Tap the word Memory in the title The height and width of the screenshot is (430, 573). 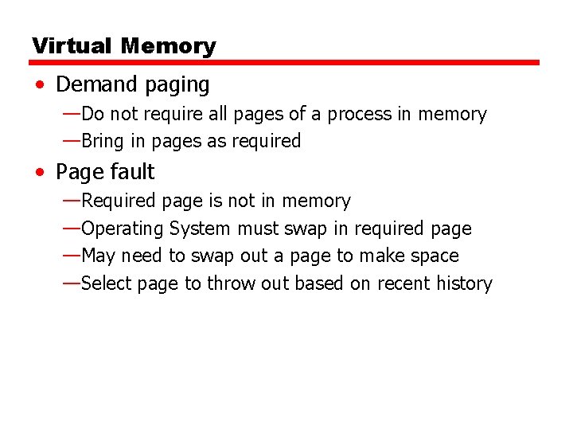pyautogui.click(x=168, y=46)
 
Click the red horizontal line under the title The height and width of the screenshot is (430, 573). pyautogui.click(x=285, y=62)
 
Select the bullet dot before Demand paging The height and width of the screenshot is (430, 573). pyautogui.click(x=40, y=84)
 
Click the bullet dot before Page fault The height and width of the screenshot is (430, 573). pyautogui.click(x=40, y=172)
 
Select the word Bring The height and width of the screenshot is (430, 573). pyautogui.click(x=102, y=142)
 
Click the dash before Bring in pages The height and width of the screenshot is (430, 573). pyautogui.click(x=71, y=141)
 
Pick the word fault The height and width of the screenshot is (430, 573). pyautogui.click(x=132, y=172)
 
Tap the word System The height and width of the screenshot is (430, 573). pyautogui.click(x=201, y=229)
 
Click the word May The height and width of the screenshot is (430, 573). pyautogui.click(x=98, y=256)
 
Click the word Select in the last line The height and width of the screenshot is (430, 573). pyautogui.click(x=107, y=283)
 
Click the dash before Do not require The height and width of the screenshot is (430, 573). pyautogui.click(x=71, y=113)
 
